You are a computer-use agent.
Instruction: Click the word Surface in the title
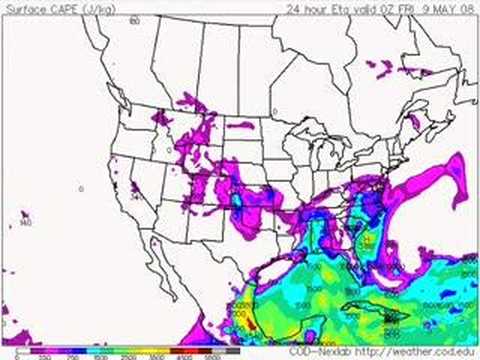(22, 8)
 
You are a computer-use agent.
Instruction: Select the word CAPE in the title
(54, 8)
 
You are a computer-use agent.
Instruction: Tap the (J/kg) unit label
(84, 8)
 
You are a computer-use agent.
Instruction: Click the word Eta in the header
(342, 8)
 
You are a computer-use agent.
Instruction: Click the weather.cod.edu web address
(420, 351)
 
